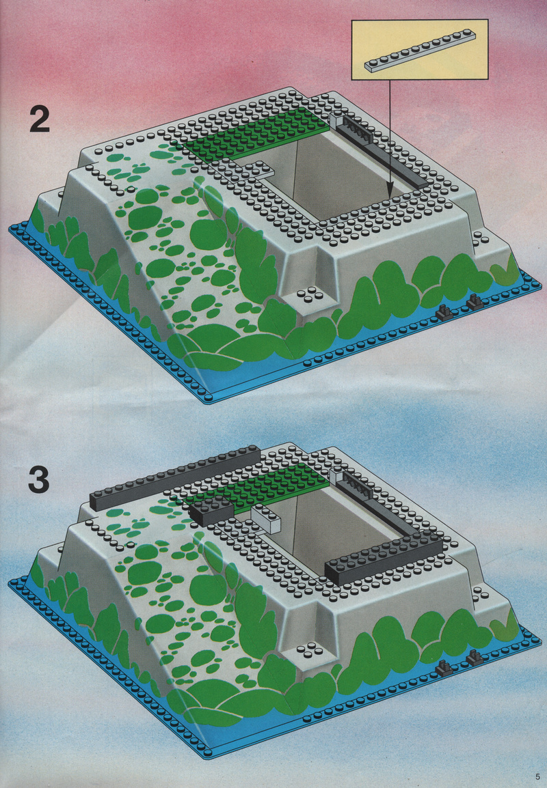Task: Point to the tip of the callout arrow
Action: [390, 197]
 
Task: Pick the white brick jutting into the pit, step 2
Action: [260, 170]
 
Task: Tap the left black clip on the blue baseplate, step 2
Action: [444, 313]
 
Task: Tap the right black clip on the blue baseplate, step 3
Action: [475, 657]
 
